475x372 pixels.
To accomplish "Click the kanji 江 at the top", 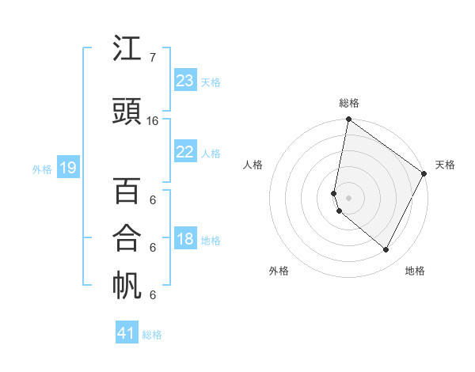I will pos(127,50).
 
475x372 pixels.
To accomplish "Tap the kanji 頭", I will pos(127,112).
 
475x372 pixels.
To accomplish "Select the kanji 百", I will pos(127,192).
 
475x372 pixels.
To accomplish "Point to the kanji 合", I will pos(127,238).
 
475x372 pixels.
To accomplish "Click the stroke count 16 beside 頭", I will pos(153,121).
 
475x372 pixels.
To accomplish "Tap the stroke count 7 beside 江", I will pos(152,58).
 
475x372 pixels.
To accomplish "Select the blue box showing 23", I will pos(184,81).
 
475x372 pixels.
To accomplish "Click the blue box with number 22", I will pos(184,153).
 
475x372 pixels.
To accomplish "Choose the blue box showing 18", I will pos(184,239).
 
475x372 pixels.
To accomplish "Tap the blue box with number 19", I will pos(67,167).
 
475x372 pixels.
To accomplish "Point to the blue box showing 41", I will pos(127,333).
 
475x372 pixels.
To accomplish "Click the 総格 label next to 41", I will pos(152,335).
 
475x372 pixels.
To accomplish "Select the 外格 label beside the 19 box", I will pos(42,169).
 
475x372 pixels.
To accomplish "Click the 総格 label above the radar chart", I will pos(349,103).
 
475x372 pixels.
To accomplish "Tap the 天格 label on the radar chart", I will pos(445,165).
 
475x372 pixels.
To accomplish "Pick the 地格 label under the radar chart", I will pos(415,271).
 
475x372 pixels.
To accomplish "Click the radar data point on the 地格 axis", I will pos(386,250).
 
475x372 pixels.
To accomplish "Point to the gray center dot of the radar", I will pos(349,197).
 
